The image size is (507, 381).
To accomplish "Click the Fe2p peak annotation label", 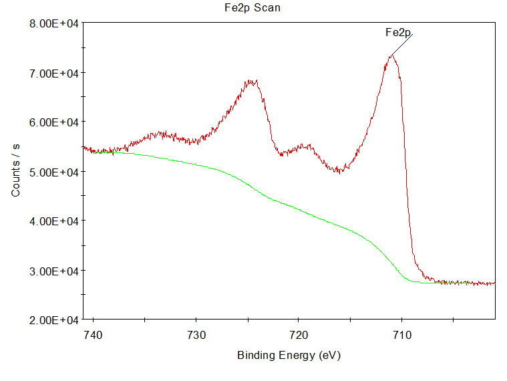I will [398, 32].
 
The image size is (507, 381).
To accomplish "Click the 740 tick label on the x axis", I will [93, 334].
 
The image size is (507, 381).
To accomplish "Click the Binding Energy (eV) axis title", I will [289, 355].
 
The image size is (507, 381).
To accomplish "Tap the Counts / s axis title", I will [16, 172].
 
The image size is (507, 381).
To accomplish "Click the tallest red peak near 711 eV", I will [391, 56].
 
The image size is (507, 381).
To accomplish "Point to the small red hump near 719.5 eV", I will [305, 146].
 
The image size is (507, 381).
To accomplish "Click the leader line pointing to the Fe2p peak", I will [402, 44].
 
